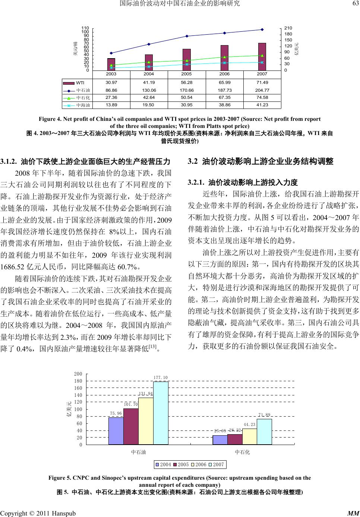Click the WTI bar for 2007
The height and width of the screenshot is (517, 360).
click(262, 56)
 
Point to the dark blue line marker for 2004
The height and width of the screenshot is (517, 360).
click(149, 44)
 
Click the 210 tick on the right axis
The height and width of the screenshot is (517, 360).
click(288, 28)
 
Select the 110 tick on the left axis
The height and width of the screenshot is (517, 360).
click(85, 28)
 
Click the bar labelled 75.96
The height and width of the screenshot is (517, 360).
click(116, 431)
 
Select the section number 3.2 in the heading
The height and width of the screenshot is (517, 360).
click(193, 162)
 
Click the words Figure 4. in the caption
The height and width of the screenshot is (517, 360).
click(50, 119)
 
